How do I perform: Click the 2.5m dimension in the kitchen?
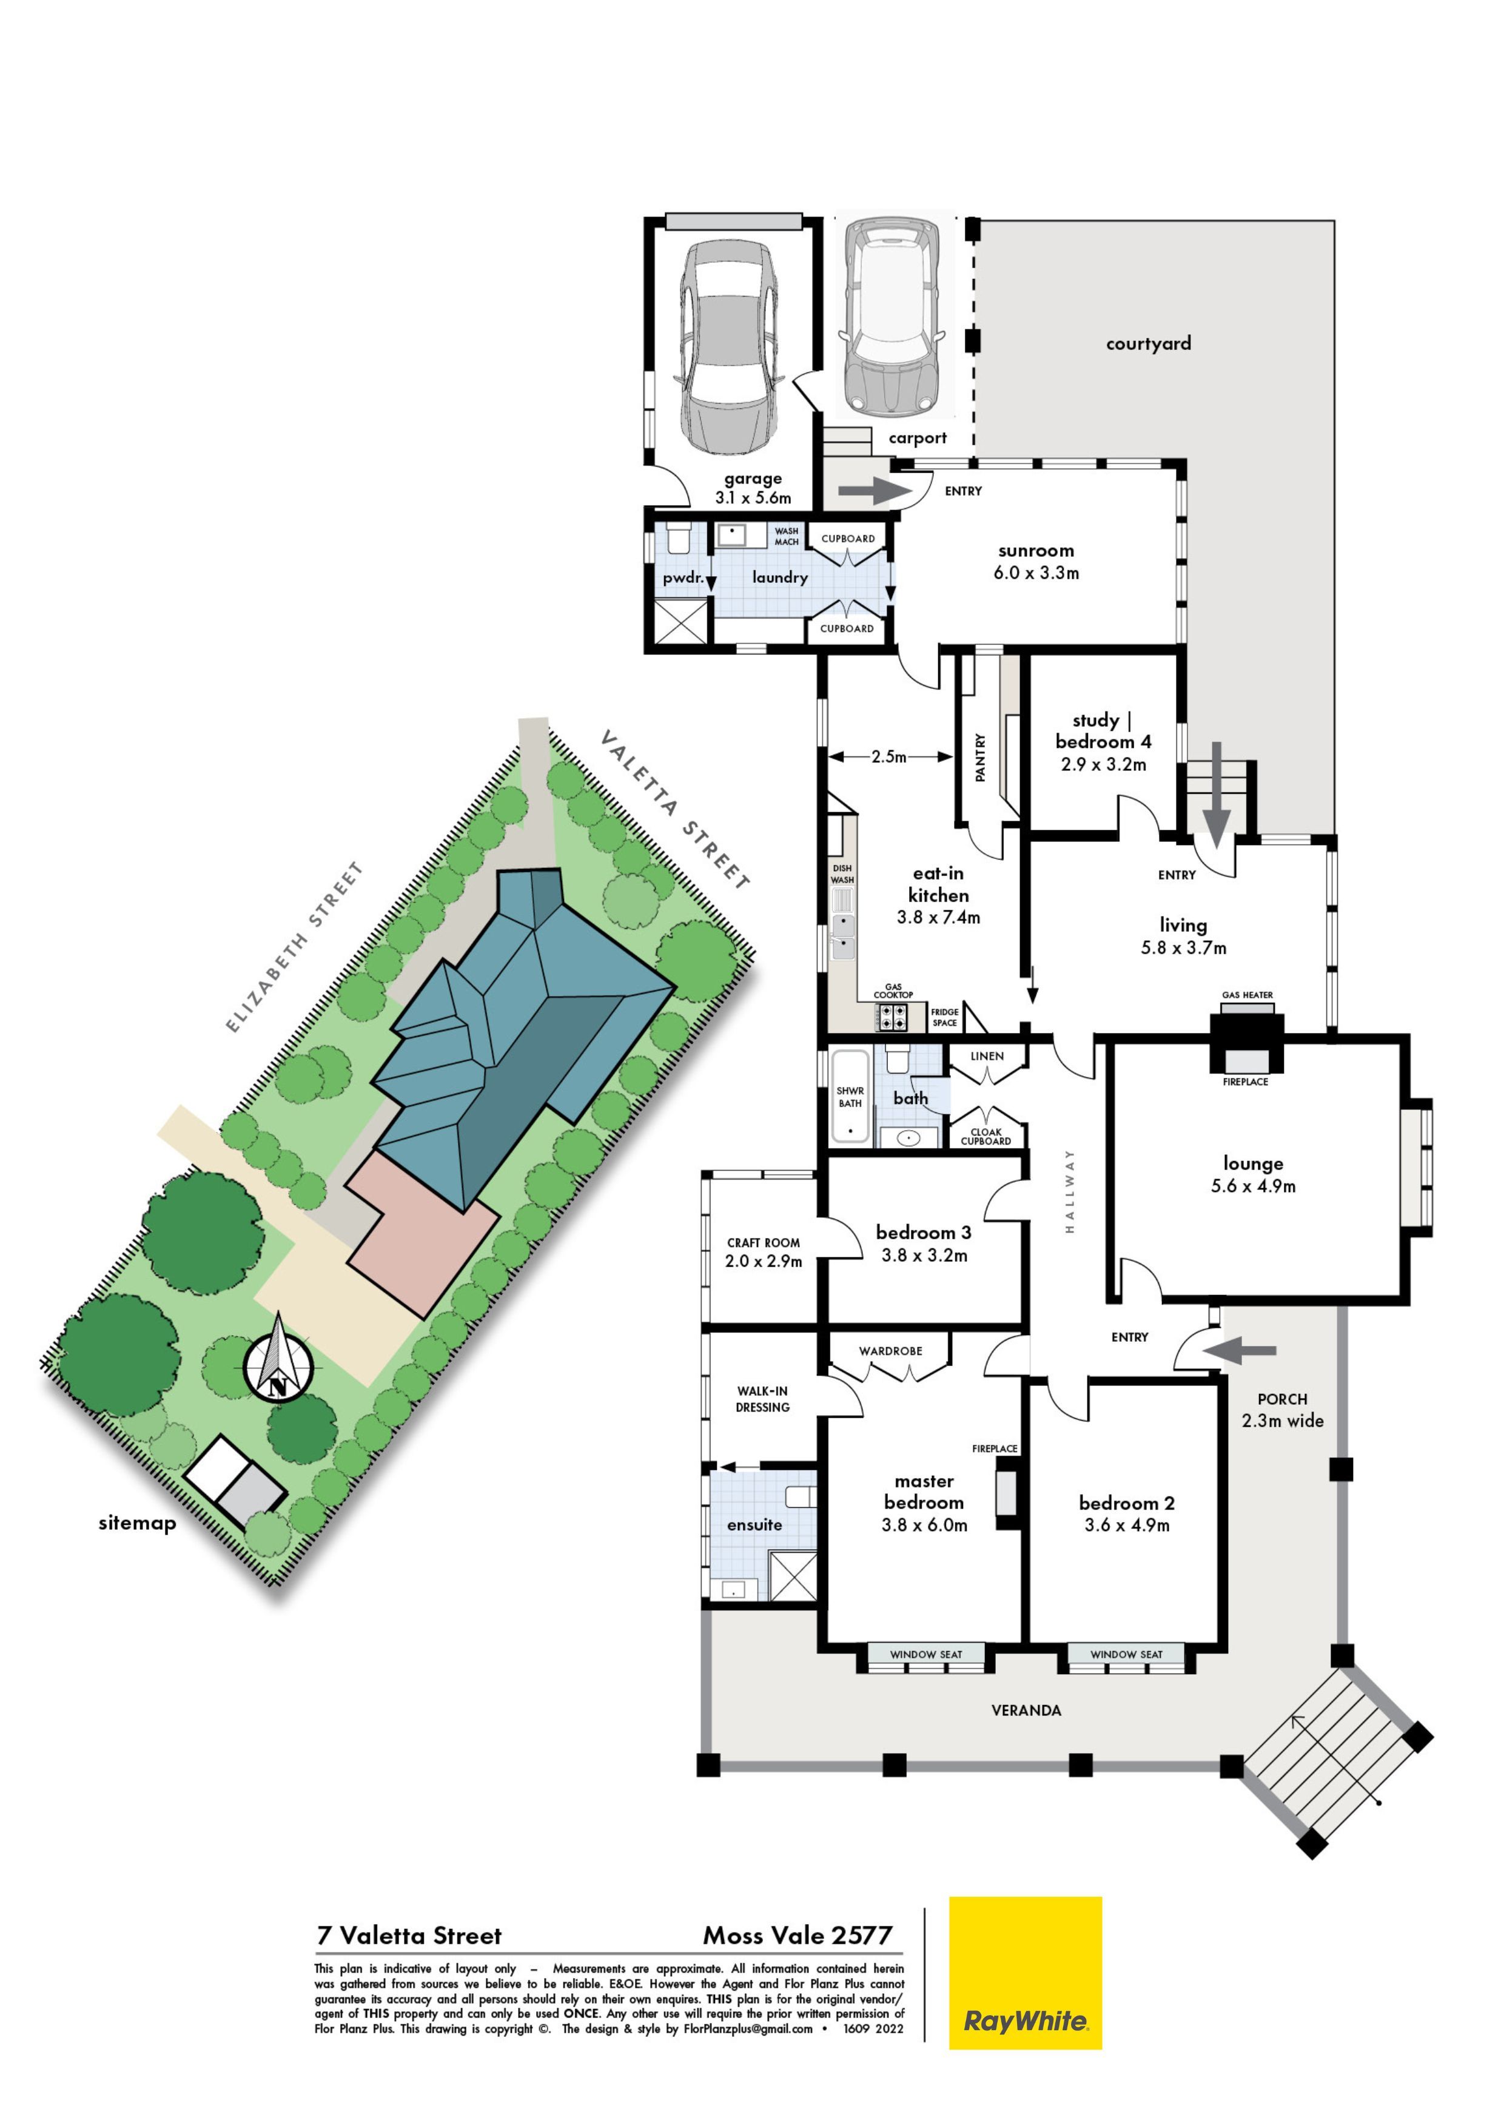[x=889, y=756]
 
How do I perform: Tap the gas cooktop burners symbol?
[x=893, y=1017]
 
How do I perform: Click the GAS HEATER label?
[x=1247, y=995]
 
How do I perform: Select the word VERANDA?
[x=1026, y=1711]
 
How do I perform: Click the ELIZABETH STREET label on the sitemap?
[x=295, y=947]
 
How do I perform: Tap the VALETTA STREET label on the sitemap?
[x=675, y=809]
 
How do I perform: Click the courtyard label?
[x=1149, y=343]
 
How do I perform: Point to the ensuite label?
[x=754, y=1525]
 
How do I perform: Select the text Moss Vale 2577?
[x=798, y=1936]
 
